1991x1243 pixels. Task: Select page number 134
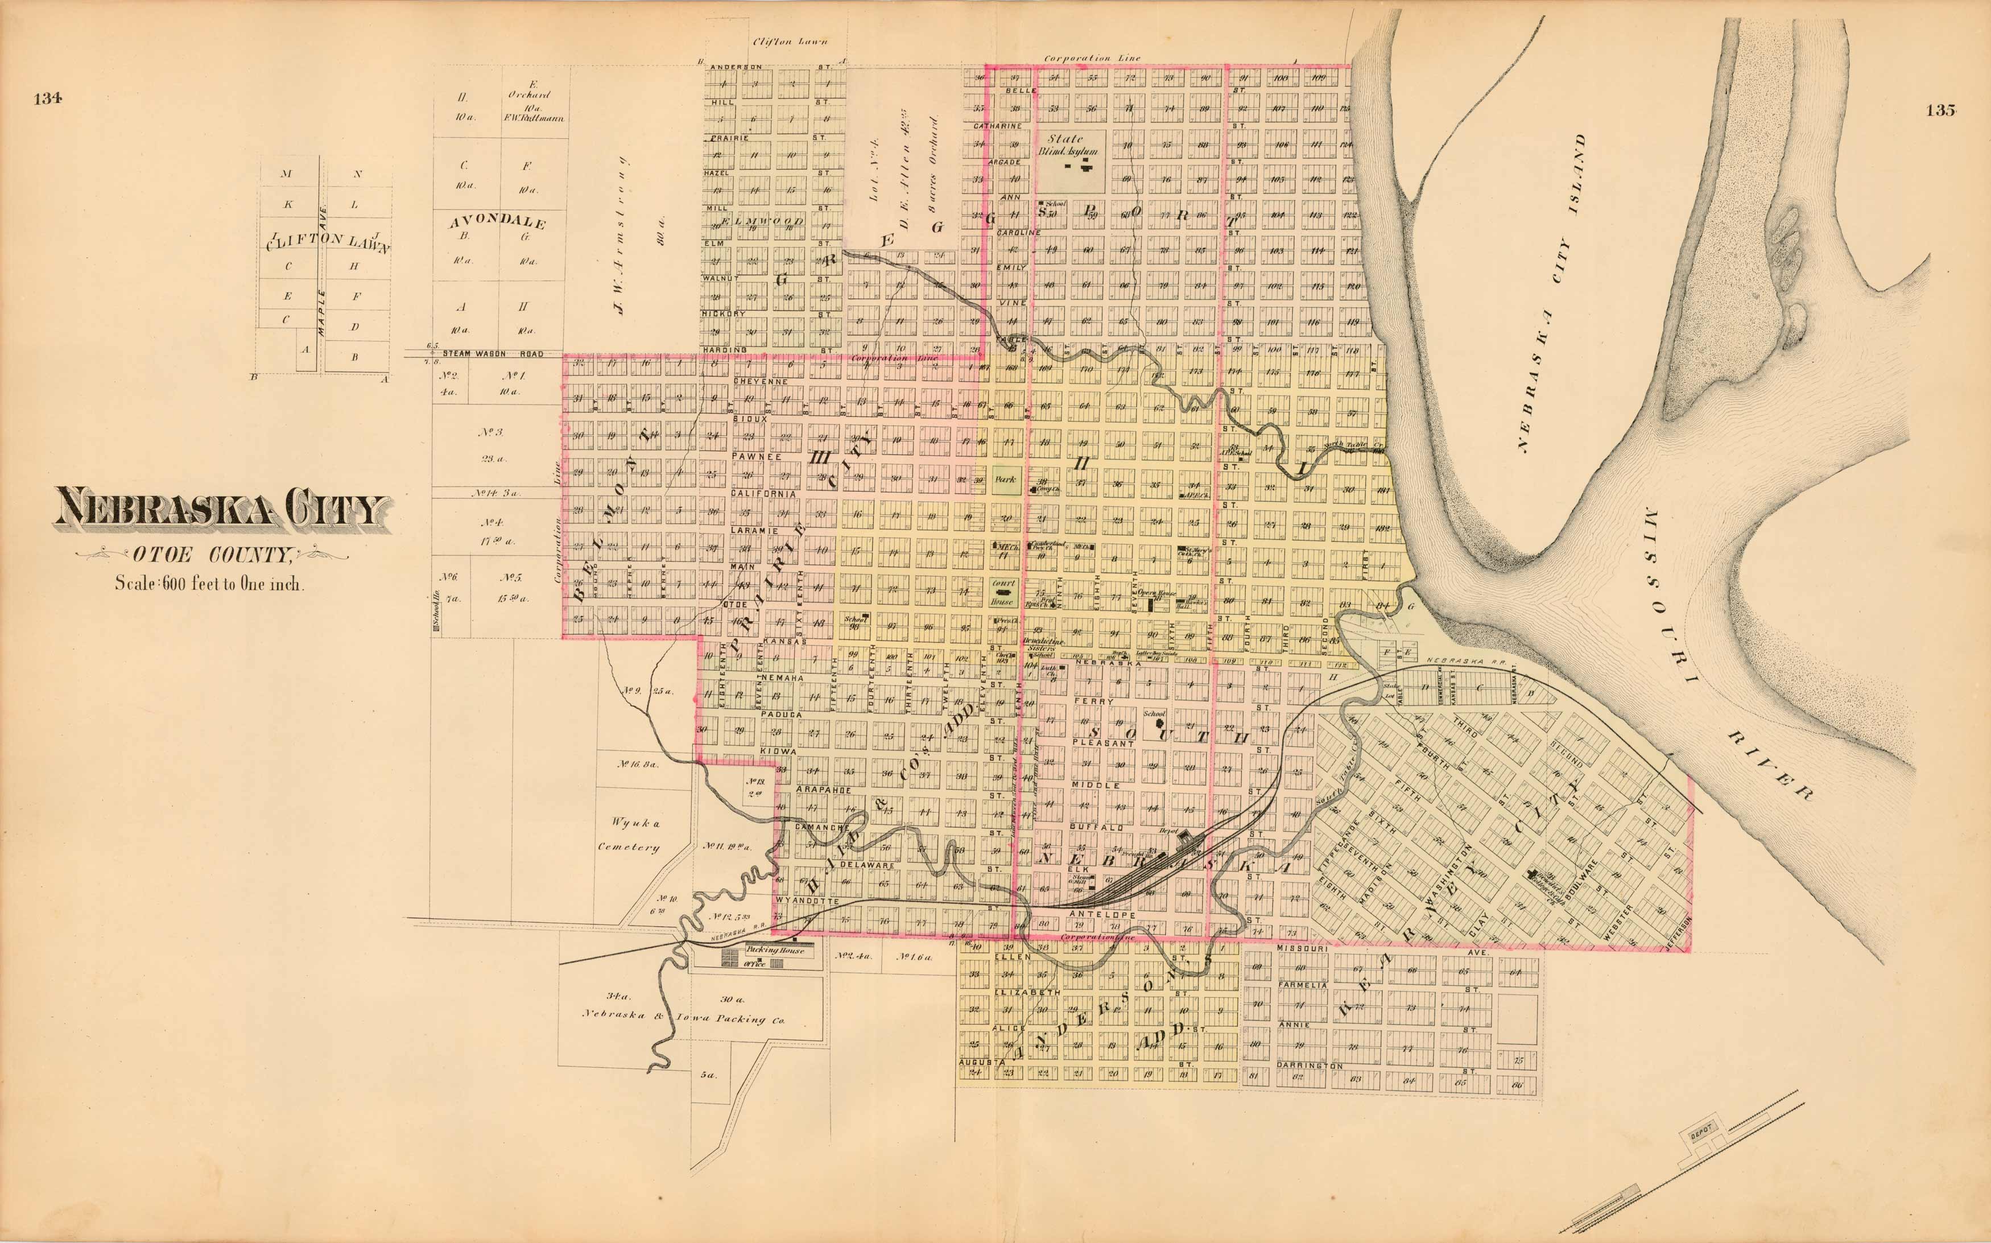[48, 100]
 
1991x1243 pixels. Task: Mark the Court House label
[1003, 591]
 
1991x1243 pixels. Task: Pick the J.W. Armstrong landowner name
[622, 234]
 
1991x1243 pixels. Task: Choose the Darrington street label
[1310, 1066]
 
